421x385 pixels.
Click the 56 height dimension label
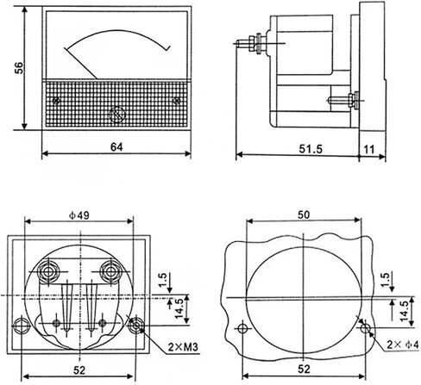pos(19,68)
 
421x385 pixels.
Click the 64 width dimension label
pos(116,147)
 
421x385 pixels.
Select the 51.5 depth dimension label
pos(311,149)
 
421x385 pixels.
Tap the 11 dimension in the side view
pos(369,149)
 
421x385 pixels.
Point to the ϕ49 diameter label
pos(79,215)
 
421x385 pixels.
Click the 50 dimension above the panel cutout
pos(304,214)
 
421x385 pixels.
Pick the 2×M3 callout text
pos(183,347)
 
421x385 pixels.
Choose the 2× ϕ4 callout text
pos(403,345)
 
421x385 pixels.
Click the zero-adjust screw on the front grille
pos(117,115)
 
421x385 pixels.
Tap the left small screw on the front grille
pos(56,101)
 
